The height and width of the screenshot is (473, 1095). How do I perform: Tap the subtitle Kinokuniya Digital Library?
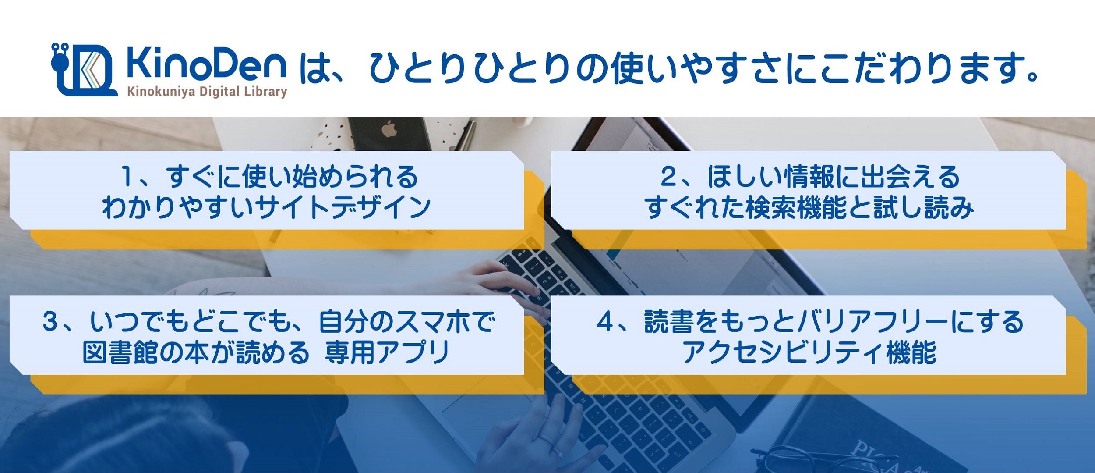pos(207,92)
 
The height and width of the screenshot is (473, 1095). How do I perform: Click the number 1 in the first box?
pos(127,177)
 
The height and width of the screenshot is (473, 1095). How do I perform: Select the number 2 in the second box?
pos(669,177)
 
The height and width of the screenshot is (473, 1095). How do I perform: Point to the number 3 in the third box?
pos(50,321)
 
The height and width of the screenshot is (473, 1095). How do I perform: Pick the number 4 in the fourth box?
pos(605,321)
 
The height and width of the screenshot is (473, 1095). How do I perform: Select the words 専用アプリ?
pos(387,352)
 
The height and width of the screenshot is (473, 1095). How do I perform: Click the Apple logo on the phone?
pos(388,130)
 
